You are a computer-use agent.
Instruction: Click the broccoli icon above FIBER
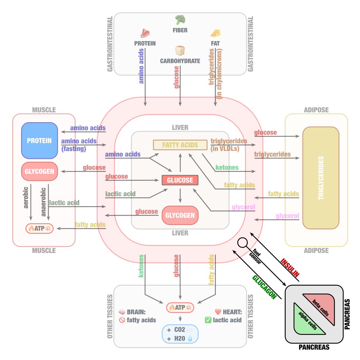pyautogui.click(x=180, y=20)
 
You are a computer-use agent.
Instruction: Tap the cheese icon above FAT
pyautogui.click(x=215, y=33)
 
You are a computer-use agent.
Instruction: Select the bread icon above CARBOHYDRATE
pyautogui.click(x=180, y=50)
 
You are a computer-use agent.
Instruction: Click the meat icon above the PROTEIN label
pyautogui.click(x=145, y=33)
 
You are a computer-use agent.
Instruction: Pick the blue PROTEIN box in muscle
pyautogui.click(x=39, y=141)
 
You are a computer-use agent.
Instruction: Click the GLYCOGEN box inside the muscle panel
pyautogui.click(x=39, y=172)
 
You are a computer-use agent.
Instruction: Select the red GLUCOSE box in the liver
pyautogui.click(x=180, y=180)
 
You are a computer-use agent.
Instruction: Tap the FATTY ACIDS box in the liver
pyautogui.click(x=180, y=145)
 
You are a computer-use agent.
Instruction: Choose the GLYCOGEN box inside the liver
pyautogui.click(x=180, y=215)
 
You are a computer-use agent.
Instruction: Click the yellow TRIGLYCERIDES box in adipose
pyautogui.click(x=321, y=178)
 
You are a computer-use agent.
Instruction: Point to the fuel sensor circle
pyautogui.click(x=242, y=242)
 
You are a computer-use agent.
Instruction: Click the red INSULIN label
pyautogui.click(x=290, y=267)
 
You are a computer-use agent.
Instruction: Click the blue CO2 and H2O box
pyautogui.click(x=180, y=334)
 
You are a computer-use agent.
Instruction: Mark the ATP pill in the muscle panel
pyautogui.click(x=39, y=228)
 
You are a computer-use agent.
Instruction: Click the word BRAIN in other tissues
pyautogui.click(x=136, y=312)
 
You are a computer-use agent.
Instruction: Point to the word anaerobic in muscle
pyautogui.click(x=43, y=202)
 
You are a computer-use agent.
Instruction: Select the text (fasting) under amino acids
pyautogui.click(x=74, y=148)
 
